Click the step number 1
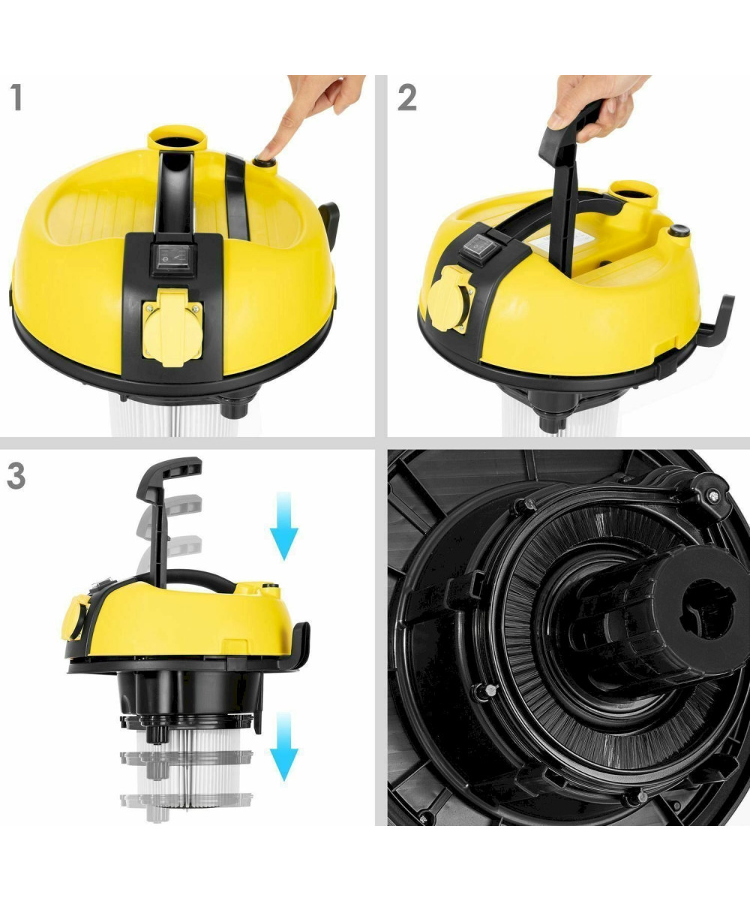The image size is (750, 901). [x=16, y=98]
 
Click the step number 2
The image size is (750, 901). [x=407, y=98]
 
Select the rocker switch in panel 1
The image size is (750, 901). [x=173, y=260]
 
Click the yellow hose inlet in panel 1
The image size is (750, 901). [x=175, y=140]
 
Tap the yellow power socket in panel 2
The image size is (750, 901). [x=451, y=298]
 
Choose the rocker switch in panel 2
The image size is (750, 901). [x=478, y=249]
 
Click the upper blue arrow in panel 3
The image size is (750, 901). [x=284, y=526]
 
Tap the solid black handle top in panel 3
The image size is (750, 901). [x=169, y=476]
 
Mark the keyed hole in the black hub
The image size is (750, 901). [x=707, y=610]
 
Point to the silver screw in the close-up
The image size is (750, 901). [x=713, y=496]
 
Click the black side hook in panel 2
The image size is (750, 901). [x=715, y=323]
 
